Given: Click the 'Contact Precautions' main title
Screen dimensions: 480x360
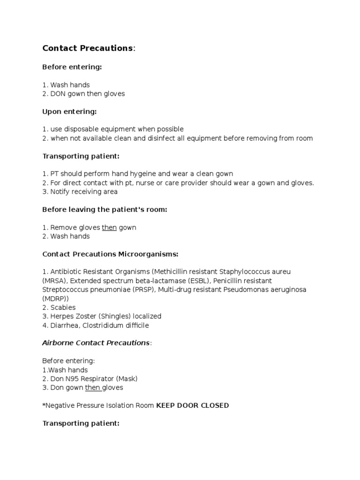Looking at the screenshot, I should (x=88, y=48).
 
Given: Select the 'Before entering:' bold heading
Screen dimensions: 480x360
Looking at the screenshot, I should (x=72, y=67).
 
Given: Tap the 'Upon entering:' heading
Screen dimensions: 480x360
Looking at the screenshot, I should (x=69, y=112).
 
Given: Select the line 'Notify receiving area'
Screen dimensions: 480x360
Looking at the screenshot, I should (x=84, y=191).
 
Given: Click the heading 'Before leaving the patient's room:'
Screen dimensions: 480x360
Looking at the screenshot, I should (x=105, y=210).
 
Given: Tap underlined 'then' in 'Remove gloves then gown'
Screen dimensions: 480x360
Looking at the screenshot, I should (x=109, y=227).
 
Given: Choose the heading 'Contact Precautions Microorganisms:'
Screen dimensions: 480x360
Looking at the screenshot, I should (x=110, y=254).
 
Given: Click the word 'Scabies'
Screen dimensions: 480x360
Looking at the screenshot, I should (x=63, y=307).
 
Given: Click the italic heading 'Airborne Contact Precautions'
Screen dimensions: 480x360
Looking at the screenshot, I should (x=96, y=343).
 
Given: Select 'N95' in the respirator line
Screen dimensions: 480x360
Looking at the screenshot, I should (x=73, y=379).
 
